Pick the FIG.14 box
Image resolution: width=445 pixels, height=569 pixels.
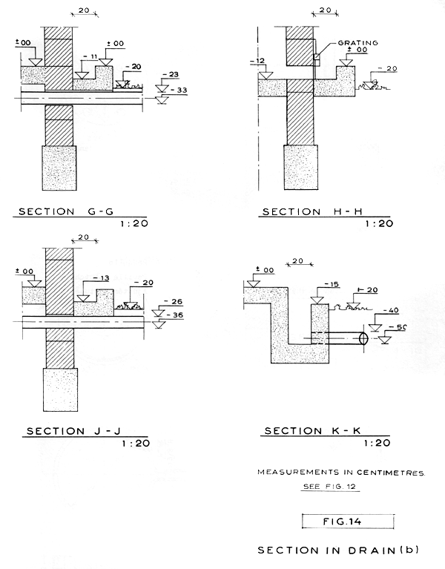348,521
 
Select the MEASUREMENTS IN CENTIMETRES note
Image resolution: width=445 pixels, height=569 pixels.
342,472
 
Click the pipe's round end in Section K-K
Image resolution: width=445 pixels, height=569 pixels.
363,338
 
